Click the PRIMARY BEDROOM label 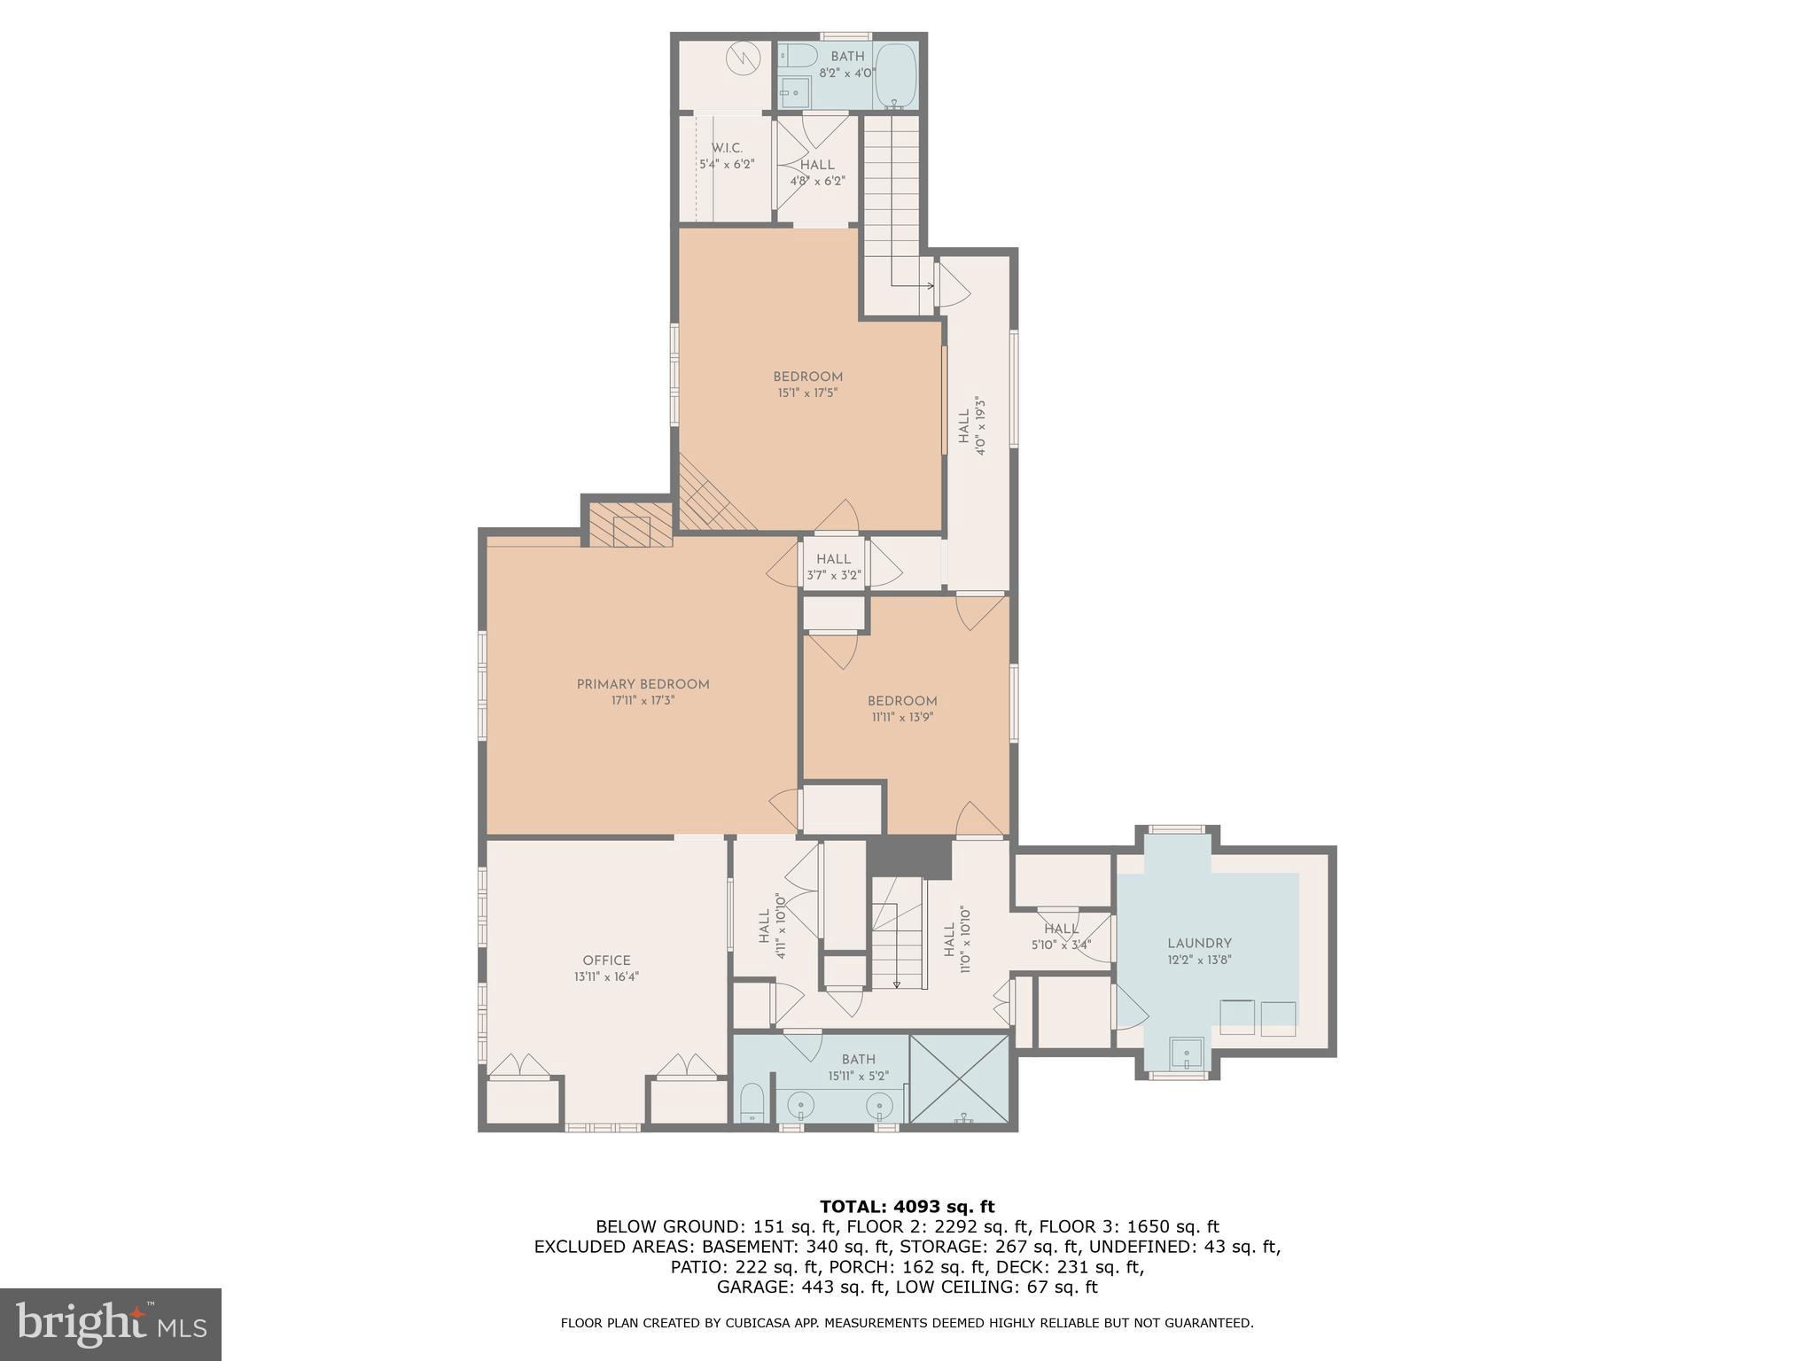pyautogui.click(x=643, y=684)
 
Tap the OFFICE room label pyautogui.click(x=606, y=960)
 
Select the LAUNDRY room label pyautogui.click(x=1199, y=944)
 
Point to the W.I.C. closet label pyautogui.click(x=727, y=148)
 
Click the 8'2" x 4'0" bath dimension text pyautogui.click(x=847, y=74)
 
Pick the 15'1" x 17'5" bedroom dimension pyautogui.click(x=807, y=392)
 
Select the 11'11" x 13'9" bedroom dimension pyautogui.click(x=901, y=717)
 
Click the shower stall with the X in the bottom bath pyautogui.click(x=960, y=1078)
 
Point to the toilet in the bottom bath pyautogui.click(x=752, y=1103)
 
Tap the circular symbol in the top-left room pyautogui.click(x=743, y=59)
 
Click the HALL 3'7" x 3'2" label pyautogui.click(x=833, y=566)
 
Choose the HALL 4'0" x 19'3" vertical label pyautogui.click(x=971, y=425)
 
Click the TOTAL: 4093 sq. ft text pyautogui.click(x=907, y=1207)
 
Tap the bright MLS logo pyautogui.click(x=111, y=1325)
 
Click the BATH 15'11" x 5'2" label pyautogui.click(x=858, y=1067)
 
